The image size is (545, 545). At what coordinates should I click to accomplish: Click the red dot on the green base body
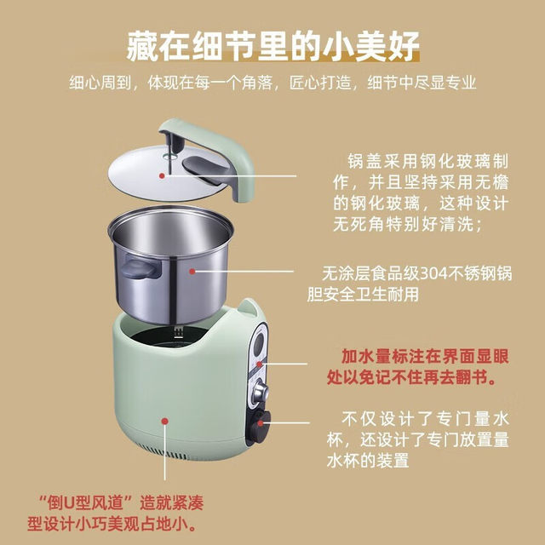(163, 420)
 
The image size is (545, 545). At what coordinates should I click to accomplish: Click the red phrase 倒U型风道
(76, 499)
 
